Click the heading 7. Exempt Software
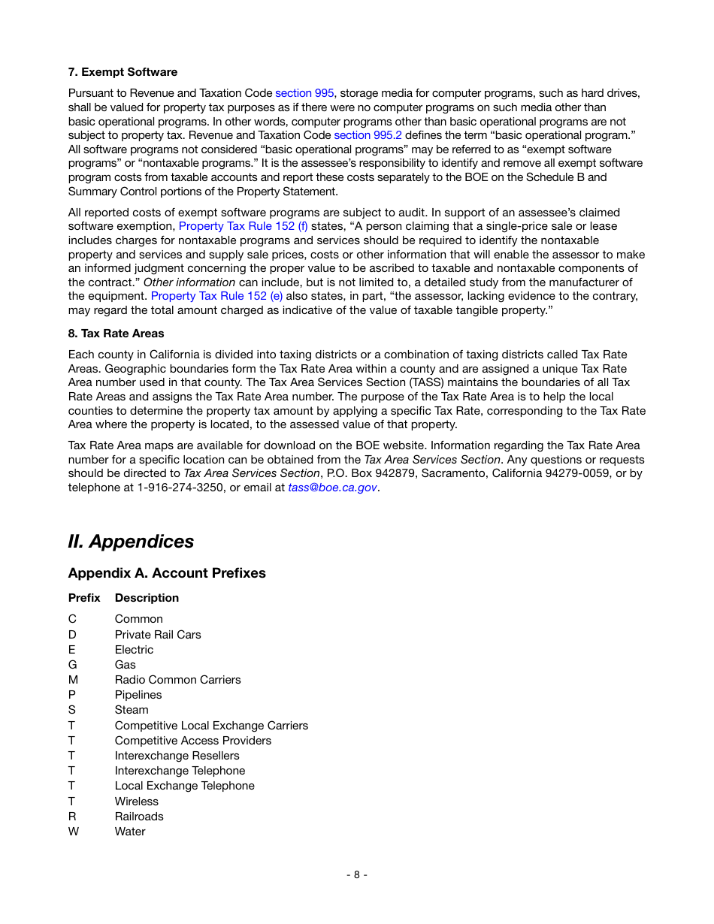click(x=123, y=72)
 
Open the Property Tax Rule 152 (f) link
click(x=243, y=226)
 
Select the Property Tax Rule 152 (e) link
click(x=216, y=296)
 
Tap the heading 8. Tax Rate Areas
click(x=116, y=334)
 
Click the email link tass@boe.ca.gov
click(x=332, y=488)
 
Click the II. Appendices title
click(x=131, y=542)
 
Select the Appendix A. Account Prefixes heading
click(x=167, y=573)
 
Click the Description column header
click(x=147, y=598)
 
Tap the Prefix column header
click(x=83, y=598)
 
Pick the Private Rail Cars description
click(x=158, y=635)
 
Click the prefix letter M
click(x=73, y=680)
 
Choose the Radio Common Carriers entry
click(x=177, y=680)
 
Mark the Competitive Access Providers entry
click(x=192, y=741)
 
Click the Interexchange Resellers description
click(x=177, y=756)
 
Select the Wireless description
click(x=136, y=802)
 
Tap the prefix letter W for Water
click(x=73, y=832)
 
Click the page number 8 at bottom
click(x=356, y=874)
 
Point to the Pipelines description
click(x=138, y=695)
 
